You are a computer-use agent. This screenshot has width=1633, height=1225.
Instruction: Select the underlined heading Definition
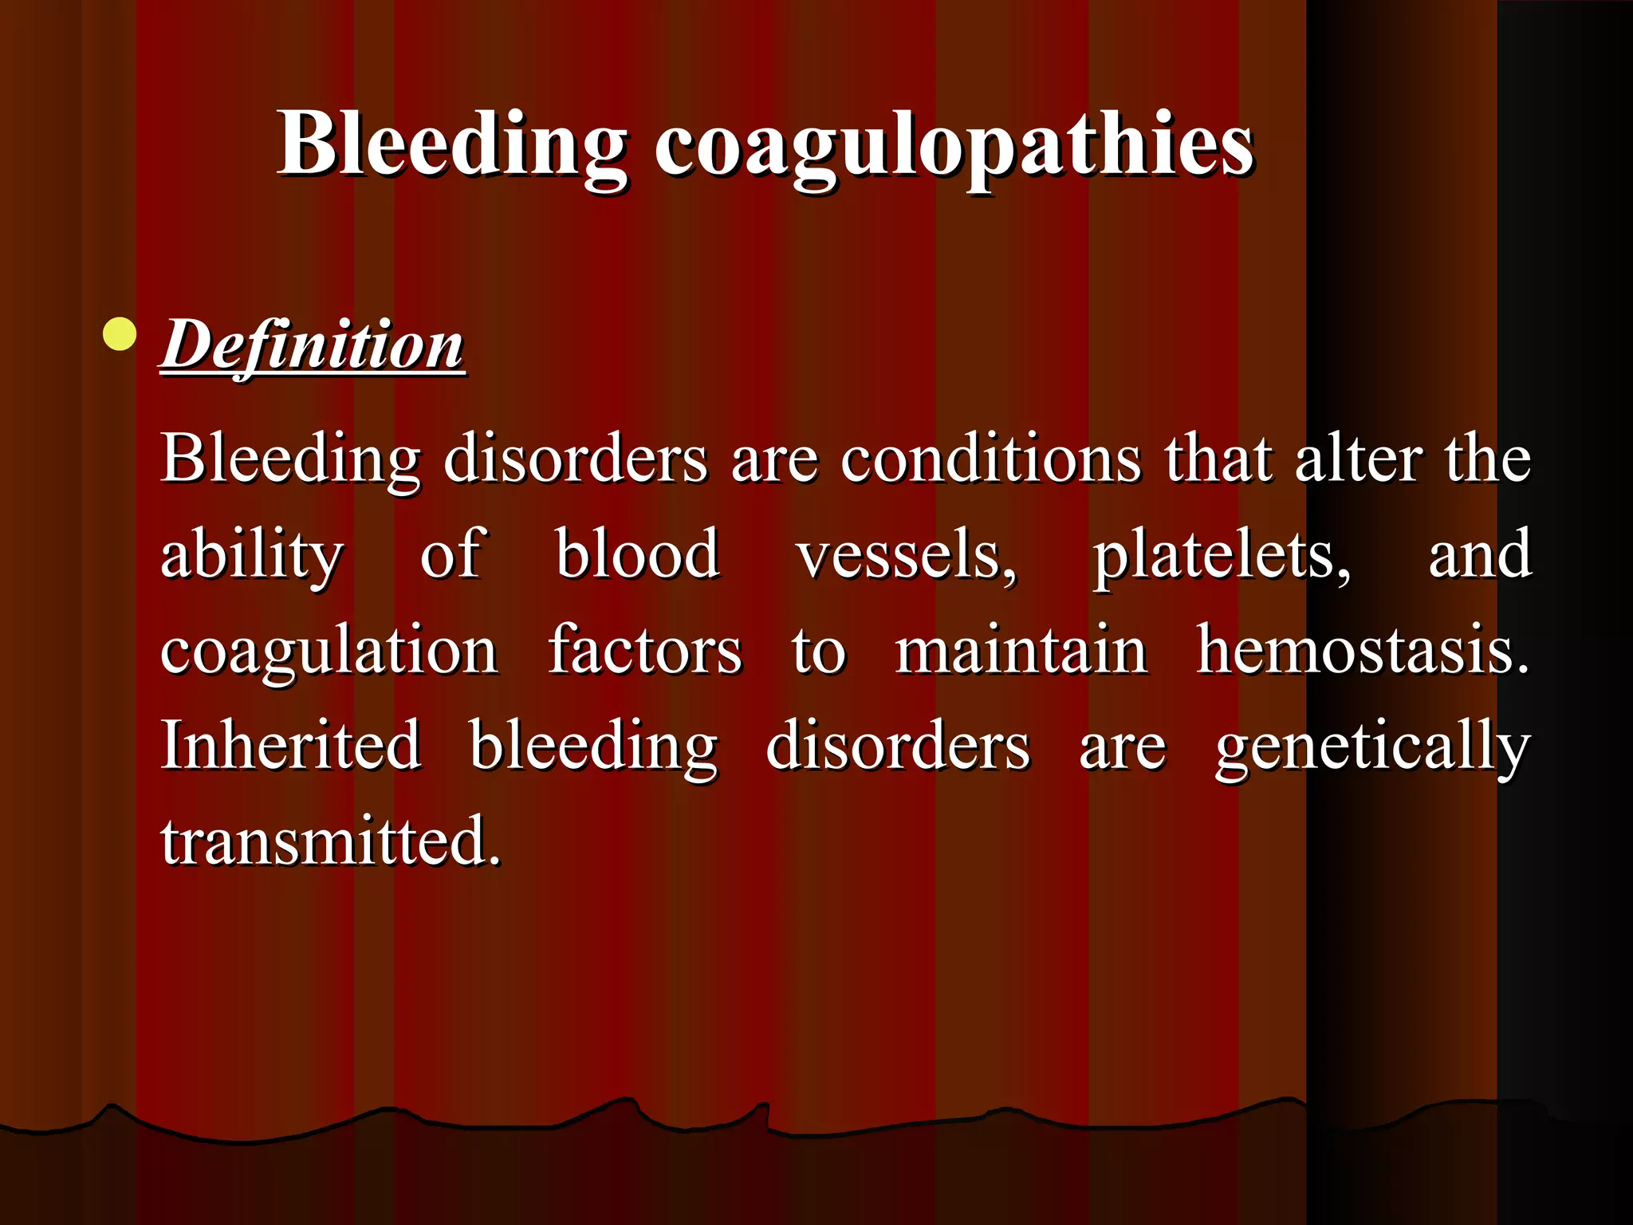tap(313, 345)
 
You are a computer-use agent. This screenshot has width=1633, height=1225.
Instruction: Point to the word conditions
tap(991, 459)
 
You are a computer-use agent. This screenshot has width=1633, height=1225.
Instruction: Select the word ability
tap(252, 555)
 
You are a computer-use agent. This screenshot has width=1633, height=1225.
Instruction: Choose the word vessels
tap(907, 555)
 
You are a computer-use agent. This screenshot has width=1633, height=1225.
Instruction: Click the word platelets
tap(1221, 555)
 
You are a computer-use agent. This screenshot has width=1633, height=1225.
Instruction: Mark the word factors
tap(645, 651)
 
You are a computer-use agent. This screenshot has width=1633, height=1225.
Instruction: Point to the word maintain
tap(1021, 651)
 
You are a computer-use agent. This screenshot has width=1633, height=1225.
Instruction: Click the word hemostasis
tap(1363, 651)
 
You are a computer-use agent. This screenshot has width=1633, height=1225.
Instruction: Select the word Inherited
tap(291, 745)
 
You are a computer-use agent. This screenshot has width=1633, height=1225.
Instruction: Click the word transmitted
tap(331, 841)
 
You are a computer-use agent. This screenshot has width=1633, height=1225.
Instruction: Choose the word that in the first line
tap(1218, 459)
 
